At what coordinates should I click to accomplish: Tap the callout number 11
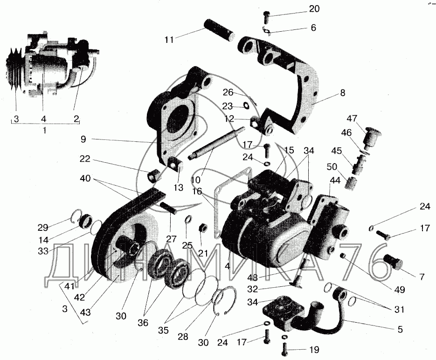pos(169,40)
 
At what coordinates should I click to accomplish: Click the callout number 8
pos(343,93)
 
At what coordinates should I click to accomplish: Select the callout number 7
pos(421,277)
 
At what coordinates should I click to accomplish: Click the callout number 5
pos(400,329)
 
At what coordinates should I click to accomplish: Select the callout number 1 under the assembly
pos(45,131)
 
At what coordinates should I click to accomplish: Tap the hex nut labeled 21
pos(203,228)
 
